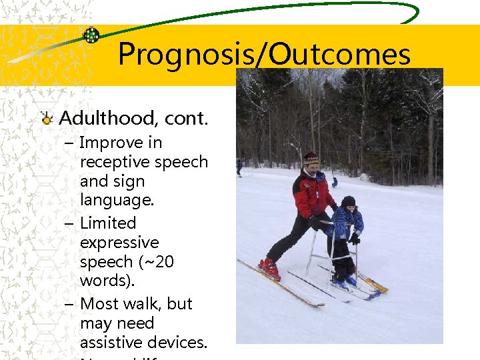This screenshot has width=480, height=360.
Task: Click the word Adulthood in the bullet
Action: click(x=107, y=119)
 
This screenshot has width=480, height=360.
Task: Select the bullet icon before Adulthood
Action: click(x=47, y=119)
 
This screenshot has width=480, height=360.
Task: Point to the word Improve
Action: click(x=121, y=143)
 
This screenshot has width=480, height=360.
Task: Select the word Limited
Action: click(x=108, y=223)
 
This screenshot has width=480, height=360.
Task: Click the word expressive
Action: click(x=119, y=243)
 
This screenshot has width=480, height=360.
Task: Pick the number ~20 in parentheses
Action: click(x=155, y=262)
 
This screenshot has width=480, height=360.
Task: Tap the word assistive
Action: click(x=111, y=343)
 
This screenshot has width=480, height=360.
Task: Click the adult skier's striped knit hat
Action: click(x=311, y=158)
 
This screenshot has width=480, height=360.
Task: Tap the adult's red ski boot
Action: click(x=270, y=268)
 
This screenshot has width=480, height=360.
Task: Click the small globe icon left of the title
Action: click(x=91, y=35)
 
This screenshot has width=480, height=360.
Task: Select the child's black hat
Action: click(x=348, y=201)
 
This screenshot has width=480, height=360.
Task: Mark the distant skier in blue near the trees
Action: click(x=335, y=181)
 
